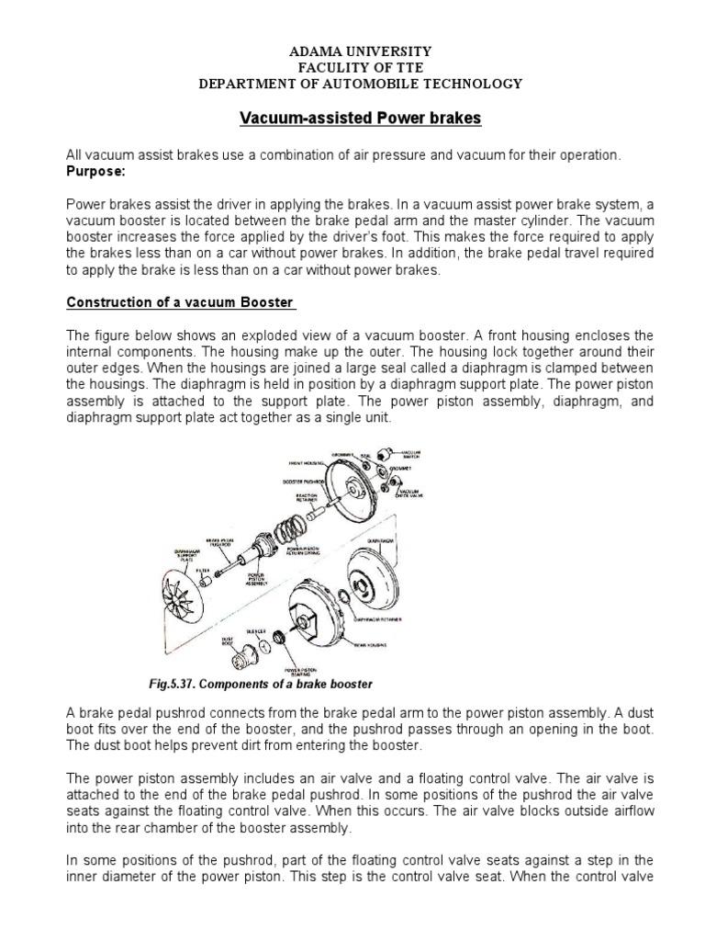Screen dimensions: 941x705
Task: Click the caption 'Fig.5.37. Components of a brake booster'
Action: pyautogui.click(x=260, y=684)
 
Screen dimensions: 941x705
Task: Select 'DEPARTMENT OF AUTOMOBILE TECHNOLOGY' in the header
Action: pyautogui.click(x=361, y=84)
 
